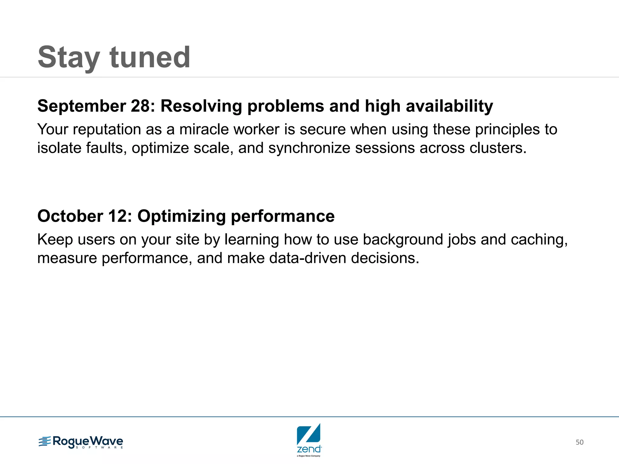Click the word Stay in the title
point(69,57)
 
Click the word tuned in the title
point(150,57)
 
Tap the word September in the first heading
point(82,106)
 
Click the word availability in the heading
point(449,106)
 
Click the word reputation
point(107,130)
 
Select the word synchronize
point(309,148)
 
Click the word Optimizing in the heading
point(181,216)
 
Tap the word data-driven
point(307,258)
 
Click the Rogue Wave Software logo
point(81,442)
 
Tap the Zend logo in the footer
point(309,440)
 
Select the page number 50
point(579,442)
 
